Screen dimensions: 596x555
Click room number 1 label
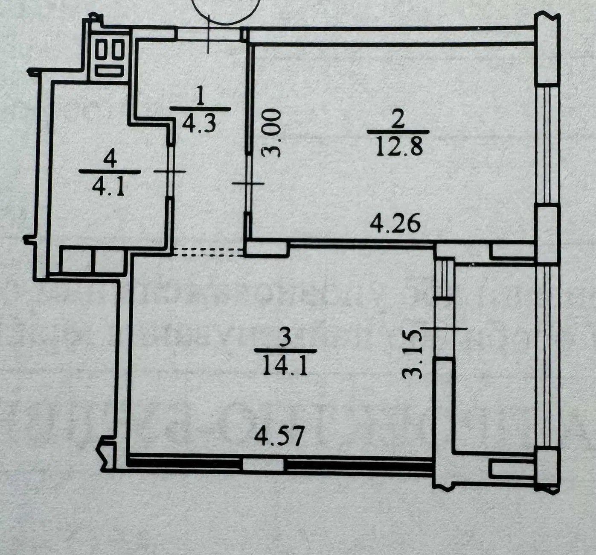click(x=200, y=95)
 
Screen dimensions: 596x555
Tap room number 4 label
click(x=110, y=160)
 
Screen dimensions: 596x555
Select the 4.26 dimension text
click(x=395, y=224)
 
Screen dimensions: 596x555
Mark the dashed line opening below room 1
click(x=209, y=252)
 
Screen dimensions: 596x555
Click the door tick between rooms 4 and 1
click(x=170, y=171)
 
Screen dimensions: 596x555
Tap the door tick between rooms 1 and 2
click(x=248, y=183)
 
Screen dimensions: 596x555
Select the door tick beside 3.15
click(x=444, y=328)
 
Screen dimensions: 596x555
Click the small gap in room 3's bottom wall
click(x=263, y=465)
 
